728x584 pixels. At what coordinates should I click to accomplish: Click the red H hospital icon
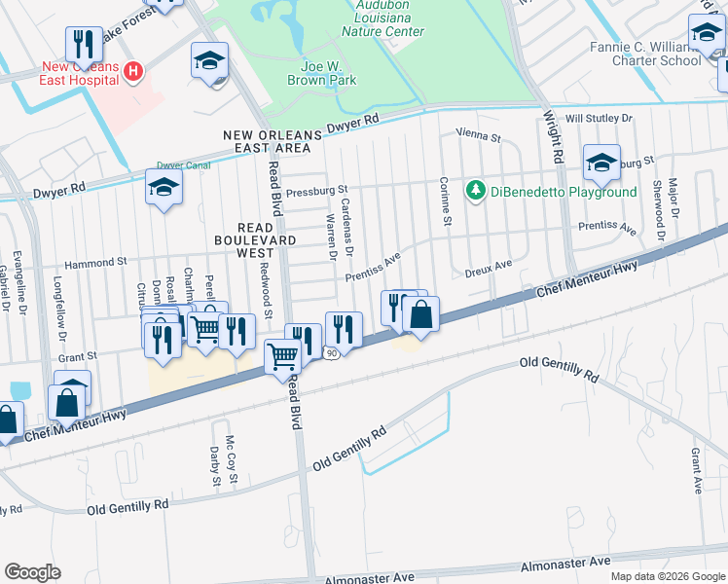pos(133,71)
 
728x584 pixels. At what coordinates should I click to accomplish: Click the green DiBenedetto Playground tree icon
pos(475,191)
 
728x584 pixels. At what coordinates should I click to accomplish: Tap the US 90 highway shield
pos(332,353)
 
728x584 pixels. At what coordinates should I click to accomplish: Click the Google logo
pos(32,571)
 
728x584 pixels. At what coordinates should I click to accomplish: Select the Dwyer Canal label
pos(184,166)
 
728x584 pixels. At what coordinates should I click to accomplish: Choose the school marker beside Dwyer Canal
pos(164,187)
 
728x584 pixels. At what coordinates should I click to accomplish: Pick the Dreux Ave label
pos(488,266)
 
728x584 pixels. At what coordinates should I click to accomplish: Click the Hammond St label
pos(96,263)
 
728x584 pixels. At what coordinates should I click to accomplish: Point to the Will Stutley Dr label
pos(599,118)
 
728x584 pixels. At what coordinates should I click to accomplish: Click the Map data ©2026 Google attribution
pos(667,575)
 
